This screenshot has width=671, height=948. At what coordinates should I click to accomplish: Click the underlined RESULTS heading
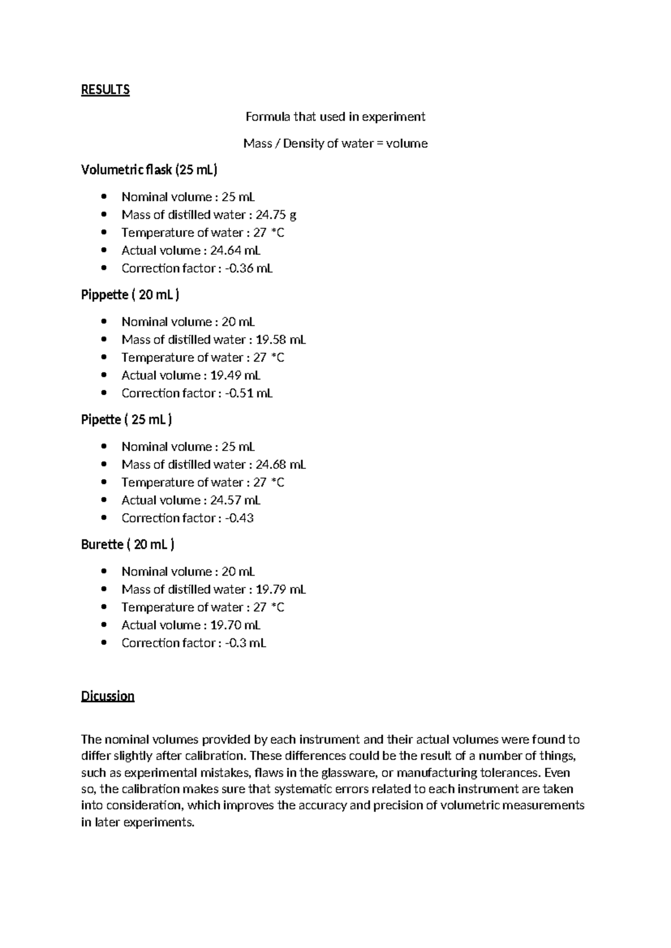tap(105, 90)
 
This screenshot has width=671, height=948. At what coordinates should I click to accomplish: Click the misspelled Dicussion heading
tap(108, 696)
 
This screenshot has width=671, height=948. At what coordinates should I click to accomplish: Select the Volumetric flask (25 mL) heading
tap(149, 170)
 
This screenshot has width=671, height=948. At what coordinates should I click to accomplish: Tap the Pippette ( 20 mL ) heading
tap(130, 295)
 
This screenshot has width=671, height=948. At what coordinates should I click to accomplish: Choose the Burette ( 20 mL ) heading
tap(128, 544)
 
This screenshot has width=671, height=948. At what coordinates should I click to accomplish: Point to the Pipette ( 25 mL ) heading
tap(126, 420)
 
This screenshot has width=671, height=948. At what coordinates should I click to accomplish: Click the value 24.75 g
tap(276, 215)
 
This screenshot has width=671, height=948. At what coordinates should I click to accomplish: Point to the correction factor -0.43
tap(239, 518)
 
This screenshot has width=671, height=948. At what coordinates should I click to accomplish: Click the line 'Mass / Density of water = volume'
tap(335, 144)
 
